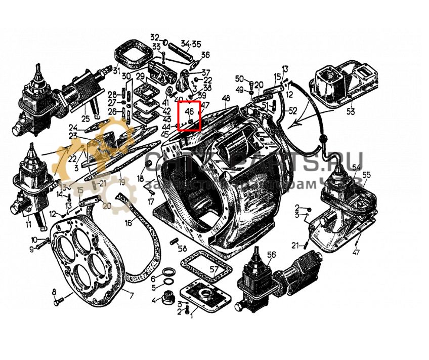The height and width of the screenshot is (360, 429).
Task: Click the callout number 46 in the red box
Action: tap(190, 111)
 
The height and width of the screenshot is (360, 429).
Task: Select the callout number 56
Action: tap(271, 254)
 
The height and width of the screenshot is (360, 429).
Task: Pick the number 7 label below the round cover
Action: tap(132, 296)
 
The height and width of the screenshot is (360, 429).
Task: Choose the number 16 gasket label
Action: tap(128, 223)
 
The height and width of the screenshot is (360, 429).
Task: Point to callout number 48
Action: tap(226, 98)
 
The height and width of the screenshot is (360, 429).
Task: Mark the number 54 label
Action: tap(357, 167)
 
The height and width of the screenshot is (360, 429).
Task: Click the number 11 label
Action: tap(29, 224)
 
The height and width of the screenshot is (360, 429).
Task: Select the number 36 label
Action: tap(205, 55)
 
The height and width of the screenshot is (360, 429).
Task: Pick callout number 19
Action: tap(121, 181)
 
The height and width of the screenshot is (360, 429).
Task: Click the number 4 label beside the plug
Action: tap(154, 300)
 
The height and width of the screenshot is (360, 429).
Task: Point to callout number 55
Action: tap(367, 175)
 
